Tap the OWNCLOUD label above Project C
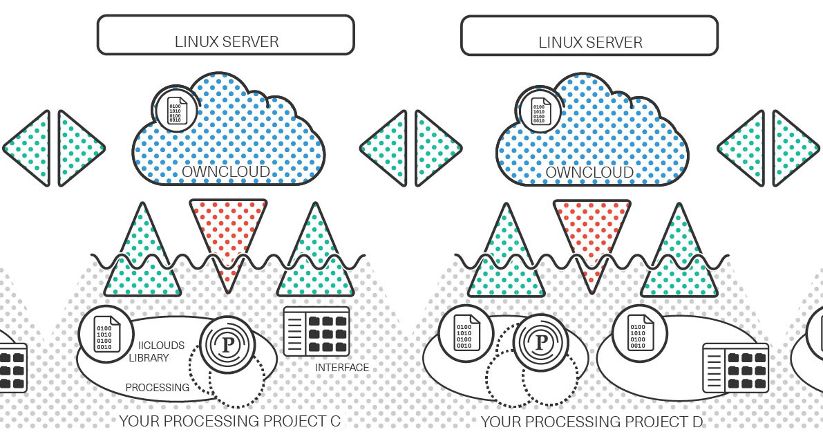226,171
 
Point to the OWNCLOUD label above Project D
589,172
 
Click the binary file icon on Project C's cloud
176,110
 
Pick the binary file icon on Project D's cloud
538,111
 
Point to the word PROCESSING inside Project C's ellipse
158,388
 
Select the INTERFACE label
341,368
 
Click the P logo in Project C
228,344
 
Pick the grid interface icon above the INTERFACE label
316,330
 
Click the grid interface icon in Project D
735,368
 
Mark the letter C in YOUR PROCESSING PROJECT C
335,421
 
